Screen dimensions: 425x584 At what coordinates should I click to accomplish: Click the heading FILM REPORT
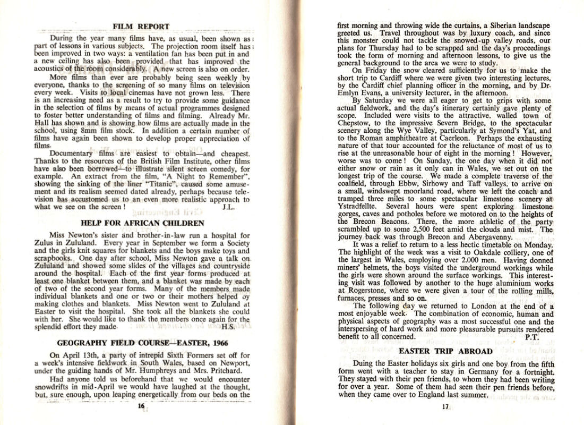pyautogui.click(x=141, y=26)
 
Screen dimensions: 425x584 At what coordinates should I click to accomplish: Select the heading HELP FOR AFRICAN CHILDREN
pyautogui.click(x=142, y=223)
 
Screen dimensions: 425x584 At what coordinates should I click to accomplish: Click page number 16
pyautogui.click(x=141, y=406)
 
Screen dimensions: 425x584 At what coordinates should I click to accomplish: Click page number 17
pyautogui.click(x=445, y=407)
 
